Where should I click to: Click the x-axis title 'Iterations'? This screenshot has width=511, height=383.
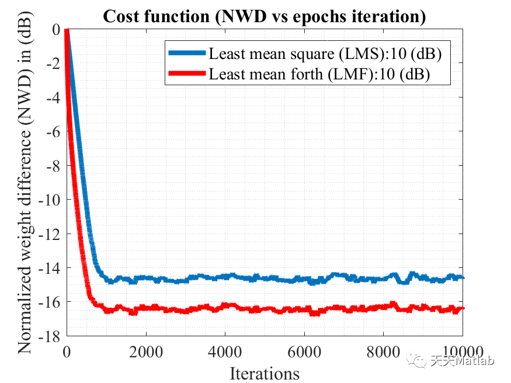(x=265, y=372)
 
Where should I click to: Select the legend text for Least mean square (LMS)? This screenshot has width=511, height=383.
(x=325, y=54)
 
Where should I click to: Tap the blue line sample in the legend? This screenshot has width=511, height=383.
(x=187, y=54)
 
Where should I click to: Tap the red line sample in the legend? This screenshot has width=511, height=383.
(x=187, y=74)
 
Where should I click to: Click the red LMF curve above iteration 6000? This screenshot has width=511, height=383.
(x=304, y=309)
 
